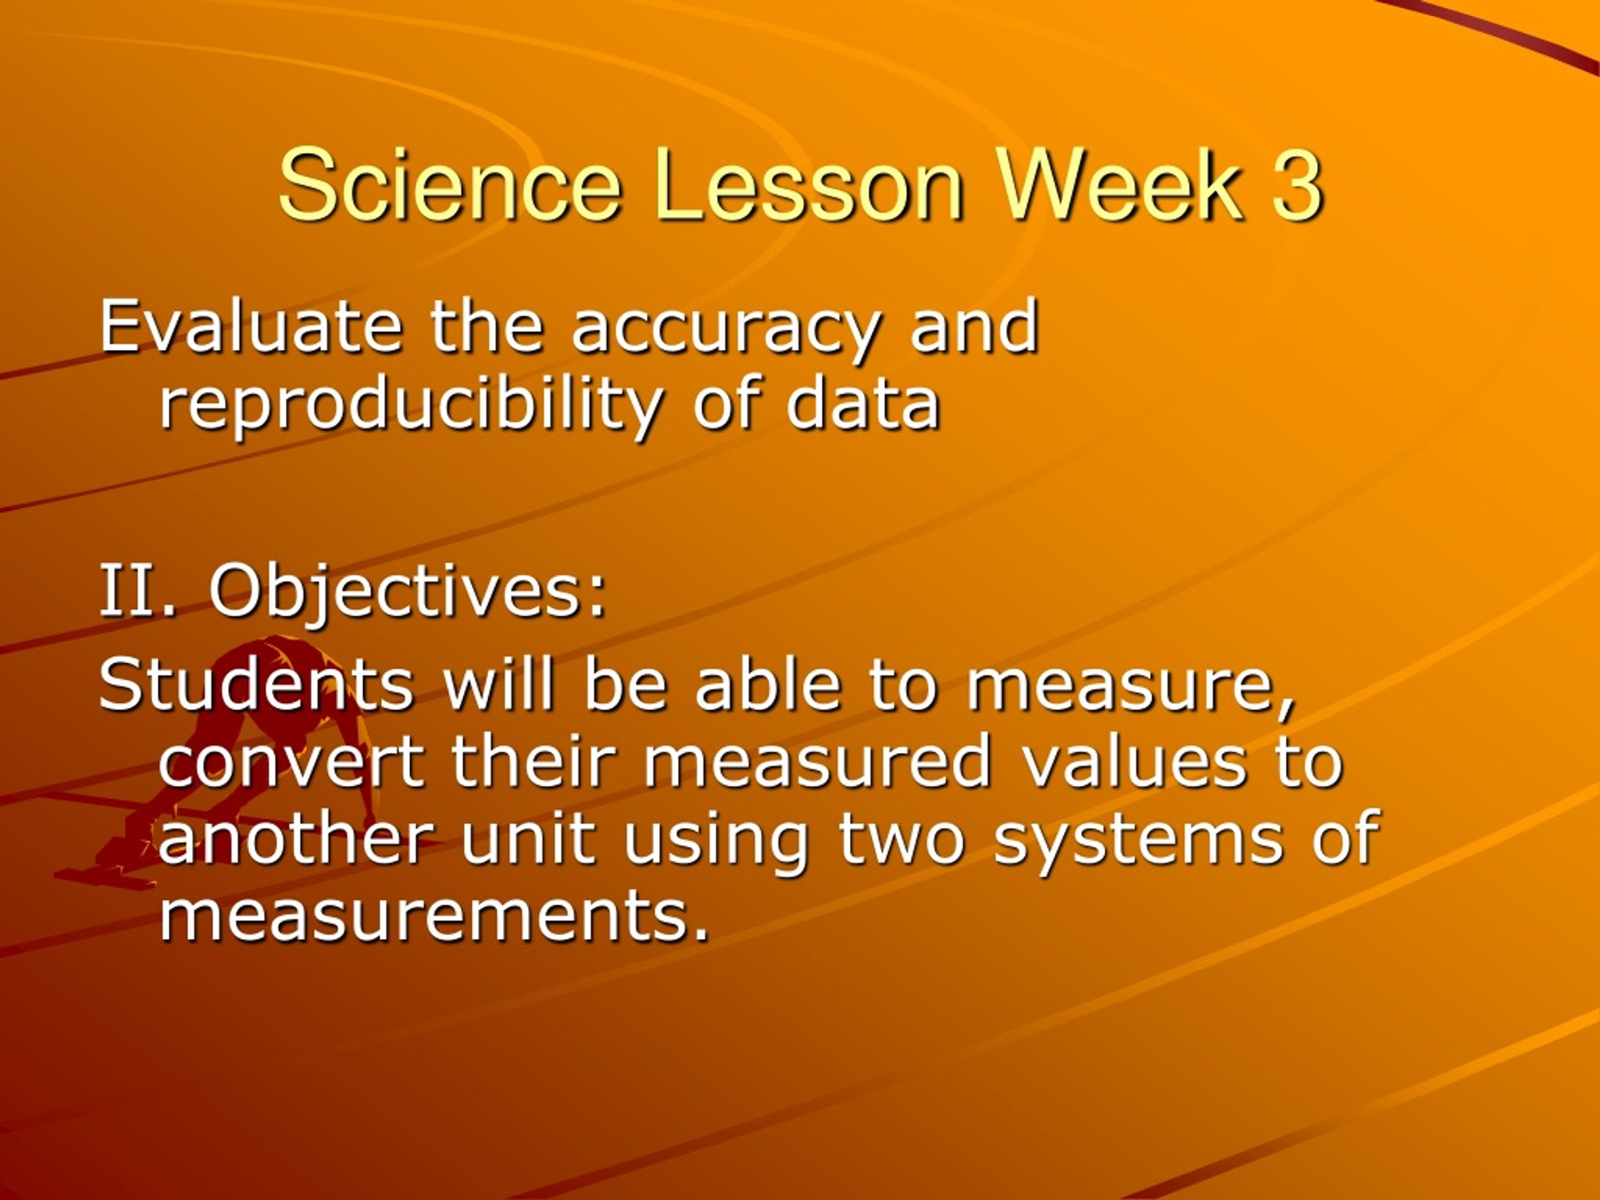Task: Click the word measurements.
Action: (432, 914)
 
